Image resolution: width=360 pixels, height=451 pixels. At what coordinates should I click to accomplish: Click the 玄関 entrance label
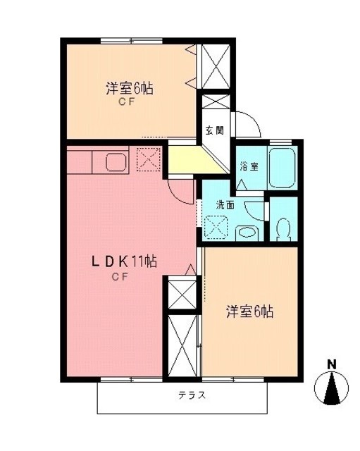click(214, 130)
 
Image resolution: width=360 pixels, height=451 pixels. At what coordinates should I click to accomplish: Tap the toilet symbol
click(283, 229)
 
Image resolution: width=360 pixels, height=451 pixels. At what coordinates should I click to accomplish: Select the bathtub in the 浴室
click(282, 168)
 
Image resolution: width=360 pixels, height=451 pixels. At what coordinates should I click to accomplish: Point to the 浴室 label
click(249, 166)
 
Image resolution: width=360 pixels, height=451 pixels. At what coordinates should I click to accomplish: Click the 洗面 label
click(225, 205)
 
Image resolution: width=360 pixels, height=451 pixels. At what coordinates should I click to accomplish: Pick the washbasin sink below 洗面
click(247, 233)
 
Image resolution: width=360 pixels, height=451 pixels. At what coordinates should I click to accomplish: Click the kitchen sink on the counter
click(116, 162)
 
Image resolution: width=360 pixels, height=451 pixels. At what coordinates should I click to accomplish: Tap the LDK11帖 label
click(124, 261)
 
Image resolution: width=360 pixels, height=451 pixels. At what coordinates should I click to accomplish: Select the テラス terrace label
click(192, 395)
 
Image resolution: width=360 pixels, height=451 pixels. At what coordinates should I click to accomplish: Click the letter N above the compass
click(332, 365)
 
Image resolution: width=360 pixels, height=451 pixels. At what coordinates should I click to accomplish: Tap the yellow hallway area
click(192, 160)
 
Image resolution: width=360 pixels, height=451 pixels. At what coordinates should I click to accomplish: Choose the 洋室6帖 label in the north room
click(130, 88)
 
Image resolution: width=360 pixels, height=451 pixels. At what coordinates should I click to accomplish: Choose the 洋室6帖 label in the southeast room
click(249, 311)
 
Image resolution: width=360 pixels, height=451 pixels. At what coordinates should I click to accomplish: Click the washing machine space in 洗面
click(216, 227)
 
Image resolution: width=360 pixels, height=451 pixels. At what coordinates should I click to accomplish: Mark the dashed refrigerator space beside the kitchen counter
click(149, 160)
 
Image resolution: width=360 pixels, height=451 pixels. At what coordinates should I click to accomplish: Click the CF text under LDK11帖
click(120, 277)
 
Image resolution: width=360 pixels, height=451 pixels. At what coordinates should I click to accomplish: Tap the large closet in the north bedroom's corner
click(216, 66)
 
